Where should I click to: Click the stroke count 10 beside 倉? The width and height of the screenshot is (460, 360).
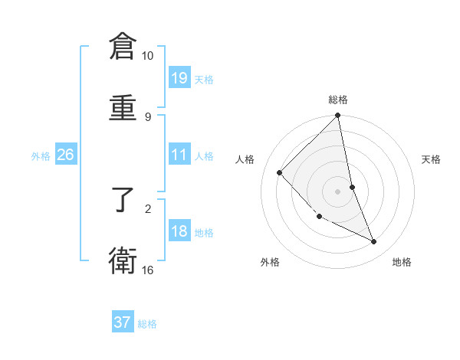click(147, 56)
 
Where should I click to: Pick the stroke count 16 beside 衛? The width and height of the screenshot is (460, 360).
click(147, 270)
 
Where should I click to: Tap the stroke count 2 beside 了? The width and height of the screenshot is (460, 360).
click(147, 208)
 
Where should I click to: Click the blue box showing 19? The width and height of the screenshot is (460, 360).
click(179, 77)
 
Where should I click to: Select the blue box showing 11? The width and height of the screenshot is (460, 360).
click(179, 155)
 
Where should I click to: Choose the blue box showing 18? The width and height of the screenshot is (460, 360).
click(179, 231)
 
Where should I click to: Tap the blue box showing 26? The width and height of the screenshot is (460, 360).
click(65, 155)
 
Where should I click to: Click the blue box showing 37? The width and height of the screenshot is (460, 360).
click(123, 322)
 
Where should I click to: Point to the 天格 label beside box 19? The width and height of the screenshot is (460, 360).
click(204, 79)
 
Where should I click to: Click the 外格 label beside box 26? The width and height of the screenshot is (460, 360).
click(41, 155)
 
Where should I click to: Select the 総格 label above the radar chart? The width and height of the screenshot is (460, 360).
click(338, 100)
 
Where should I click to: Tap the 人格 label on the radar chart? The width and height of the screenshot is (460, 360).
click(245, 159)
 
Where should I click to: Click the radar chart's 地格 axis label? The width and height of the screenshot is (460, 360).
click(402, 262)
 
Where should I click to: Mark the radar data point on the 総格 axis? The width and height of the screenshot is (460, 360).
click(338, 116)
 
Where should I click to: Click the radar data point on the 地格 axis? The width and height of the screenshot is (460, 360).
click(374, 241)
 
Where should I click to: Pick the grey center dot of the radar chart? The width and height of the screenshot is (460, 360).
click(338, 191)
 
